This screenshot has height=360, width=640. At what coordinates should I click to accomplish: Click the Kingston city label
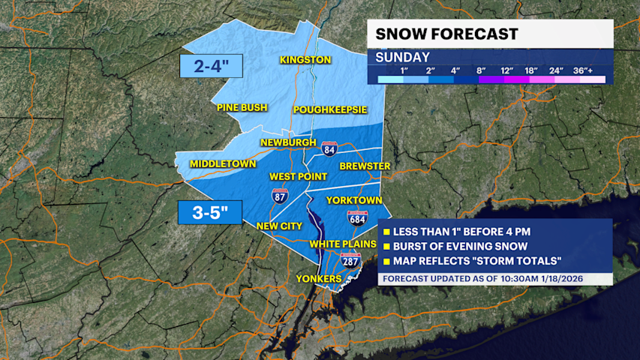coord(305,60)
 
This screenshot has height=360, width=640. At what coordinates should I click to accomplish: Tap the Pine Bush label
coord(242,108)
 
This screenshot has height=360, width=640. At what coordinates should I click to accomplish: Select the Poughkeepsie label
coord(330,109)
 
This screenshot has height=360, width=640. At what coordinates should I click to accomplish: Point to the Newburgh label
coord(288,142)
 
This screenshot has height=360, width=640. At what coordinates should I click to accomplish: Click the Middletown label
coord(223,163)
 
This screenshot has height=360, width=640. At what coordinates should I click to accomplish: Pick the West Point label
coord(299,176)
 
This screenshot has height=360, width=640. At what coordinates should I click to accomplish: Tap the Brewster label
coord(365,166)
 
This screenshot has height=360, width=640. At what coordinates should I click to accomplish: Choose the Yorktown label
coord(354,200)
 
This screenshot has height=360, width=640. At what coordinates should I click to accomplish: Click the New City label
coord(279,226)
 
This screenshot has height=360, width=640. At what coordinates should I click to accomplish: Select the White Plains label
coord(343,244)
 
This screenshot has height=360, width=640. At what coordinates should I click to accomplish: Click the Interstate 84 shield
coord(329,148)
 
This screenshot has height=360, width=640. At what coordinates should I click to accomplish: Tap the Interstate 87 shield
coord(279,196)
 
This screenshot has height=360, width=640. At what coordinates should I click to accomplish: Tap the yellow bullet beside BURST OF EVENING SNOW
coord(386,247)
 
